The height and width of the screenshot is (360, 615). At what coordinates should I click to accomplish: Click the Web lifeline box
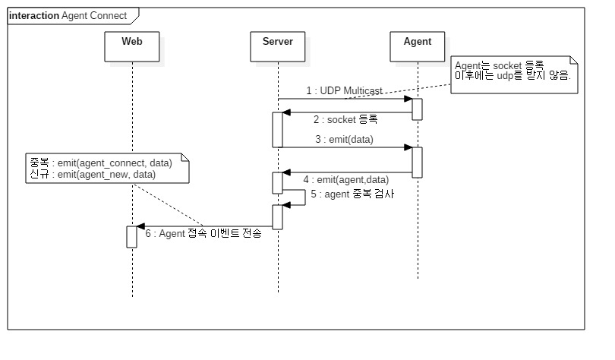click(132, 46)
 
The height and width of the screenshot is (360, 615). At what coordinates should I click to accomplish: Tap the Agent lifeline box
click(417, 46)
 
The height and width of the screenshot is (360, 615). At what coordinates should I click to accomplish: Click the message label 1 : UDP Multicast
click(339, 91)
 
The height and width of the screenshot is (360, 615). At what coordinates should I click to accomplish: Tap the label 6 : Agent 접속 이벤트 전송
click(203, 233)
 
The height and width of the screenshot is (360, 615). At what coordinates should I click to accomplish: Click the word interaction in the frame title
click(34, 16)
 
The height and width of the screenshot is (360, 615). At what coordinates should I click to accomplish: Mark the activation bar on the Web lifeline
click(131, 236)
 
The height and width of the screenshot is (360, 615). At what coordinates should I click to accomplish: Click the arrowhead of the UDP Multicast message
click(408, 99)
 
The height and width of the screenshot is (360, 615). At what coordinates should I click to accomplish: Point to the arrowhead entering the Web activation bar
click(140, 226)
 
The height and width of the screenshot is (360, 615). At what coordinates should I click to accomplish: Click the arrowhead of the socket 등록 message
click(286, 112)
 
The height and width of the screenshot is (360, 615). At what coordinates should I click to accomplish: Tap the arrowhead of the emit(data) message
click(408, 147)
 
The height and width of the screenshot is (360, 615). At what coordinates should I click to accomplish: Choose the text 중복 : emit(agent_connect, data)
click(99, 163)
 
